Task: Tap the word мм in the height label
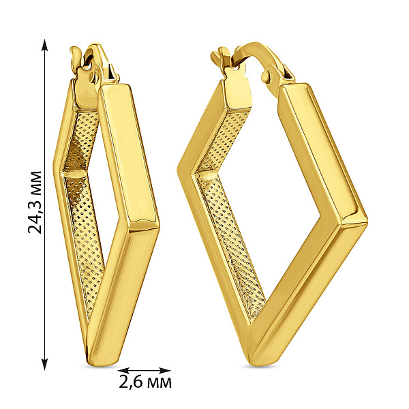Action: [x=35, y=182]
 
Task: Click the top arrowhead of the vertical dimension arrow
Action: [x=45, y=44]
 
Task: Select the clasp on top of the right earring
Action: [x=242, y=65]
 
